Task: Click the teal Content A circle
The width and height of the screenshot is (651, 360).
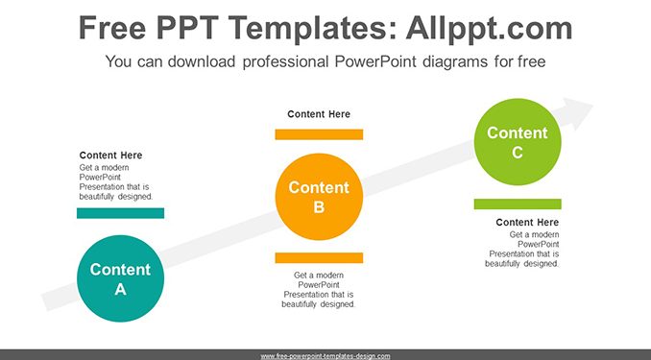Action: coord(120,278)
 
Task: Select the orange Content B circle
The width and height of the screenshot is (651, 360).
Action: coord(319,197)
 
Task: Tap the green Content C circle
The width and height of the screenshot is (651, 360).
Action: coord(518,142)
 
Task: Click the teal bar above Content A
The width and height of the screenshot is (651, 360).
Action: coord(120,213)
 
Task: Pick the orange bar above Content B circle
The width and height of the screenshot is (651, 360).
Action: coord(319,134)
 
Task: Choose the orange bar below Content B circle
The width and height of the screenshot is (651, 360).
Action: coord(319,258)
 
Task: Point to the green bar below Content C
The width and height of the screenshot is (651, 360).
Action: coord(518,204)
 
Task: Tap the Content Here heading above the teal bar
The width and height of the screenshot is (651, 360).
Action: coord(110,156)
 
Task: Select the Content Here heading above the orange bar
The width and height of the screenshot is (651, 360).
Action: coord(319,114)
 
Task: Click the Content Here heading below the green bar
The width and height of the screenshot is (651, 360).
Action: coord(527,223)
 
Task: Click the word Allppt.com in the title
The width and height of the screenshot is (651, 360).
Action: coord(489,28)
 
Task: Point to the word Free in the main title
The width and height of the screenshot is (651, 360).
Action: coord(112,28)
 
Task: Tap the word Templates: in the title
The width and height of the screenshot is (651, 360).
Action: coord(312,29)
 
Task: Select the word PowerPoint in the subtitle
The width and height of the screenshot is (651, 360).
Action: coord(375,61)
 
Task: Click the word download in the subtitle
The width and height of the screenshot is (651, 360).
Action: coord(202,61)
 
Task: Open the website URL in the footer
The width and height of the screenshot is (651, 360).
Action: coord(325,356)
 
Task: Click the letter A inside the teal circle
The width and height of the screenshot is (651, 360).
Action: coord(120,289)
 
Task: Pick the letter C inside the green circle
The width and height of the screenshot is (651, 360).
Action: coord(518,153)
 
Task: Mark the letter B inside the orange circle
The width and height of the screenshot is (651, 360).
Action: coord(319,206)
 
